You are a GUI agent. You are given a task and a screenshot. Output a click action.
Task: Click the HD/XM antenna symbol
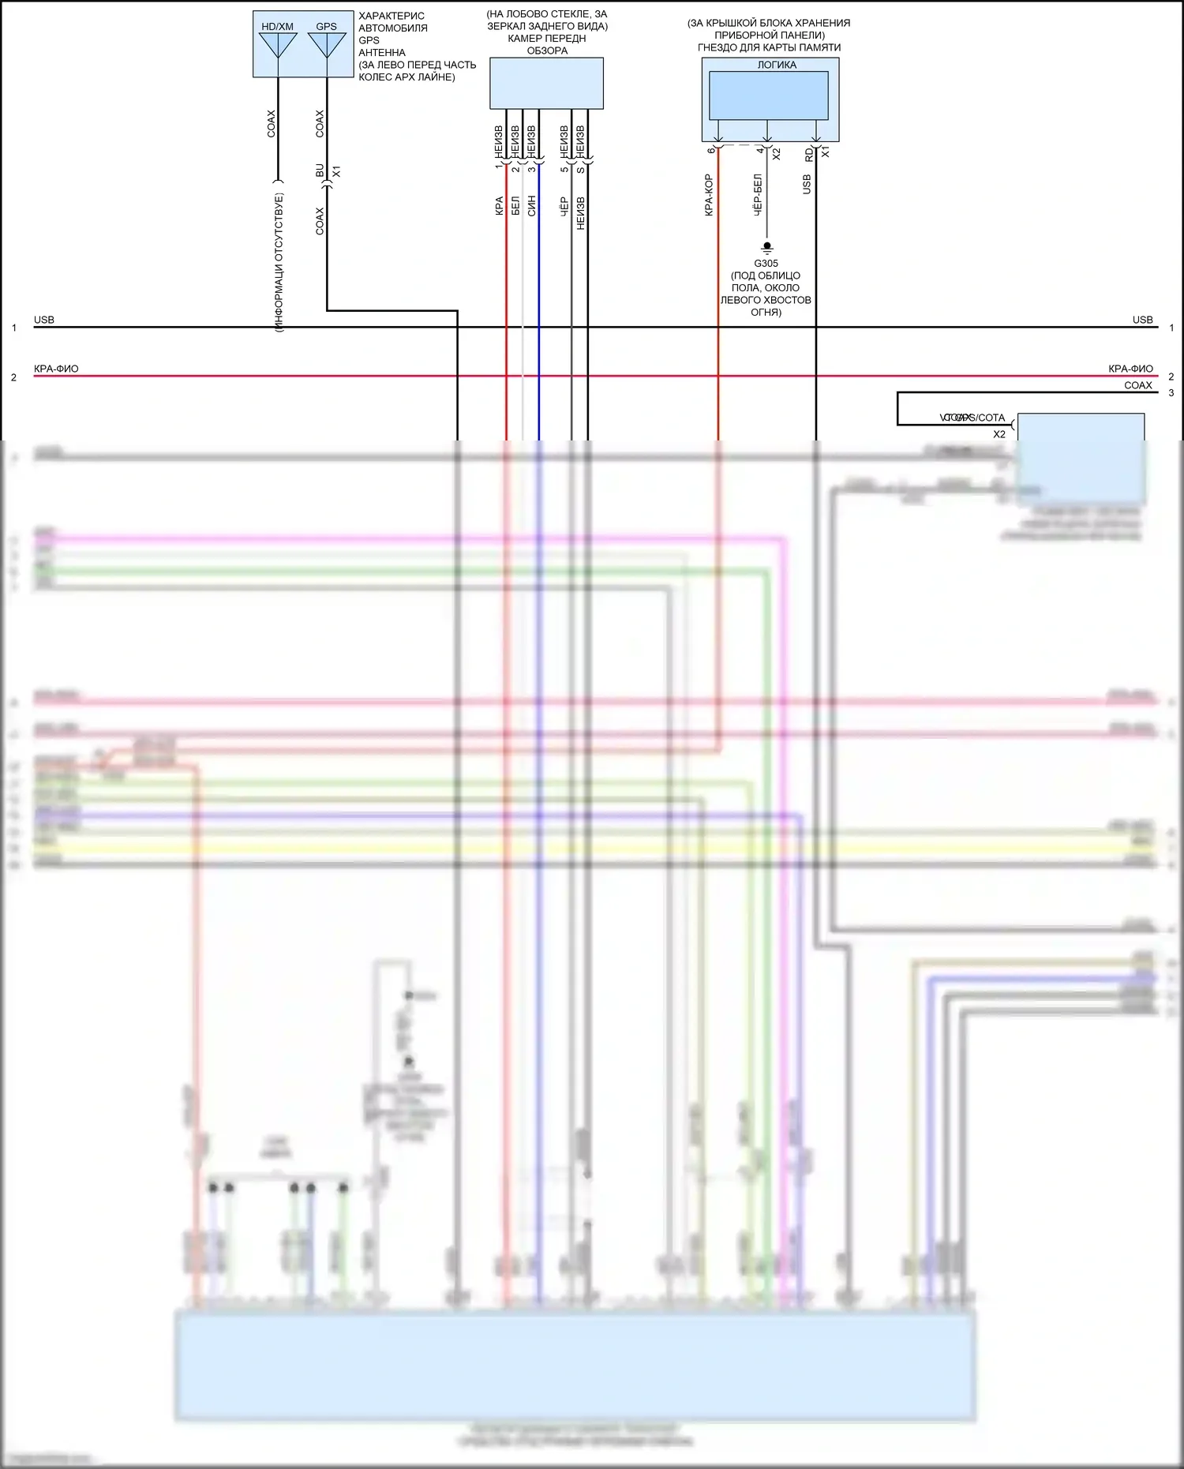point(277,44)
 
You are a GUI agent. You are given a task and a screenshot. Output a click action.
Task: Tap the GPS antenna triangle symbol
point(326,44)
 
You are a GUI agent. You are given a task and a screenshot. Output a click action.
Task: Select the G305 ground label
point(766,264)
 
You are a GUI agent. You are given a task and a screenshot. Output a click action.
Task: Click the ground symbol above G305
point(766,247)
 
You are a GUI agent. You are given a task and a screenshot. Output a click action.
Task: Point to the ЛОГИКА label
point(777,65)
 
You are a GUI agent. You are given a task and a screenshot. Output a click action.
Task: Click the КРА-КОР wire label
point(709,195)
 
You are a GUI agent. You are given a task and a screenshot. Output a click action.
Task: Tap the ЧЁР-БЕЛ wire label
point(758,195)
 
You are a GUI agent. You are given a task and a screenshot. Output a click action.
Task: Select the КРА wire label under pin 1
point(499,206)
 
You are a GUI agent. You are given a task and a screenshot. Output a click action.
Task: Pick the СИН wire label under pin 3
point(531,206)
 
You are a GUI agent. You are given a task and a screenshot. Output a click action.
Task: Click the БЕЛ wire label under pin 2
point(515,206)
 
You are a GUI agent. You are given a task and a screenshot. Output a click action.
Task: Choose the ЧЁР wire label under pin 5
point(564,206)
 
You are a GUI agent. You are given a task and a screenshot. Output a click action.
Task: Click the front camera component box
point(546,83)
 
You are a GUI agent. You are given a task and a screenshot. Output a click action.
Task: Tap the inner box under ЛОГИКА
point(768,95)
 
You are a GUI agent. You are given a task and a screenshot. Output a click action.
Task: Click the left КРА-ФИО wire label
point(56,369)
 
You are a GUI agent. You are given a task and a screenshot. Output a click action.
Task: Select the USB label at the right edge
point(1142,320)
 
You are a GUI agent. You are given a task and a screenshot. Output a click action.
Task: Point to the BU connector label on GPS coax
point(320,171)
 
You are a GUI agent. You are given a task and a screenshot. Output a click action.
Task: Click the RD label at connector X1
point(809,156)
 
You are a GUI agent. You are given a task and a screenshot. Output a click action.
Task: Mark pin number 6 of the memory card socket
point(711,150)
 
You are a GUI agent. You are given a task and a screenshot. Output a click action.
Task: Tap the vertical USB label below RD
point(807,185)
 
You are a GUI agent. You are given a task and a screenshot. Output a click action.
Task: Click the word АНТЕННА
point(382,52)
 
